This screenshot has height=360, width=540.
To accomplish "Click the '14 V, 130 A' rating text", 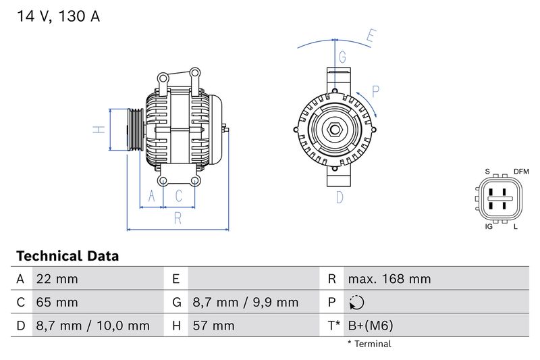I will click(x=57, y=16).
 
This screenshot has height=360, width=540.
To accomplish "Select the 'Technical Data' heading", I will click(x=67, y=256).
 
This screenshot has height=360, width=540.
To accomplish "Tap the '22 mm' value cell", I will click(x=57, y=279).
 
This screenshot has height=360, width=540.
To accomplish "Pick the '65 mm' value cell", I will click(x=57, y=302).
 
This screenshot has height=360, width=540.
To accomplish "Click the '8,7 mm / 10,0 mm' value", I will click(x=93, y=326).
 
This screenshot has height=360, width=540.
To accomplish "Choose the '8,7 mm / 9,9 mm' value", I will click(x=246, y=302).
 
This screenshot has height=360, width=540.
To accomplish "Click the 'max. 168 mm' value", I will click(x=389, y=279).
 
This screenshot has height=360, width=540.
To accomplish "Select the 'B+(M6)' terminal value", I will click(x=370, y=326).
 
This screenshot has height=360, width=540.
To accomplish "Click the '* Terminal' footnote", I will click(x=369, y=344).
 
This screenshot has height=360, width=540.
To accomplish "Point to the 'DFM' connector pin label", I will click(x=521, y=172).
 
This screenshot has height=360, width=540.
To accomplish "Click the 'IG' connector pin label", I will click(x=489, y=226).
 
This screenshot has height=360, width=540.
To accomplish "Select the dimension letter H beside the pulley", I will click(x=99, y=130).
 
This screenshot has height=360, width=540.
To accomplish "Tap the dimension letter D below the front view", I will click(x=340, y=197).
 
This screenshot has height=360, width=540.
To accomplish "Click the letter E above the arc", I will click(x=371, y=35).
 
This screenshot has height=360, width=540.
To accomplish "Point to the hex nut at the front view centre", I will click(x=335, y=130).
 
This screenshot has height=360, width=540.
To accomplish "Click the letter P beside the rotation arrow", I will click(x=376, y=91).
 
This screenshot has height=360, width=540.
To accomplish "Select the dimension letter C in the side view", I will click(x=179, y=196).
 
